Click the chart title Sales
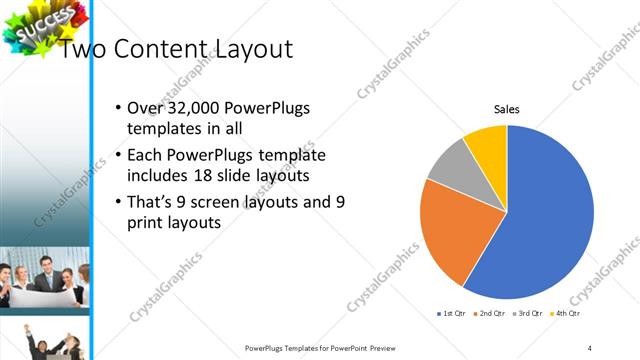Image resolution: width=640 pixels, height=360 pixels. point(508,110)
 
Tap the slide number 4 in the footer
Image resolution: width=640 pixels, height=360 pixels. point(591,348)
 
